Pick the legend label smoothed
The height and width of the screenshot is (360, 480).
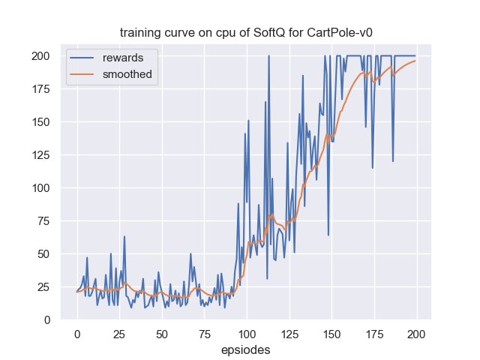[127, 74]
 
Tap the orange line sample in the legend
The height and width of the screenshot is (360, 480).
[83, 74]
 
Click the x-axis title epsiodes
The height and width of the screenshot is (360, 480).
[246, 349]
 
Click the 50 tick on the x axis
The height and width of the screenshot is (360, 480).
[162, 333]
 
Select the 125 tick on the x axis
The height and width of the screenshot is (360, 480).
[289, 333]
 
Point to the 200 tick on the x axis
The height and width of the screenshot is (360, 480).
[416, 333]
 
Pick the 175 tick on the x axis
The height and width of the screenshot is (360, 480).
[374, 333]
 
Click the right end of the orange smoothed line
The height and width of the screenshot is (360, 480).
[415, 61]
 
